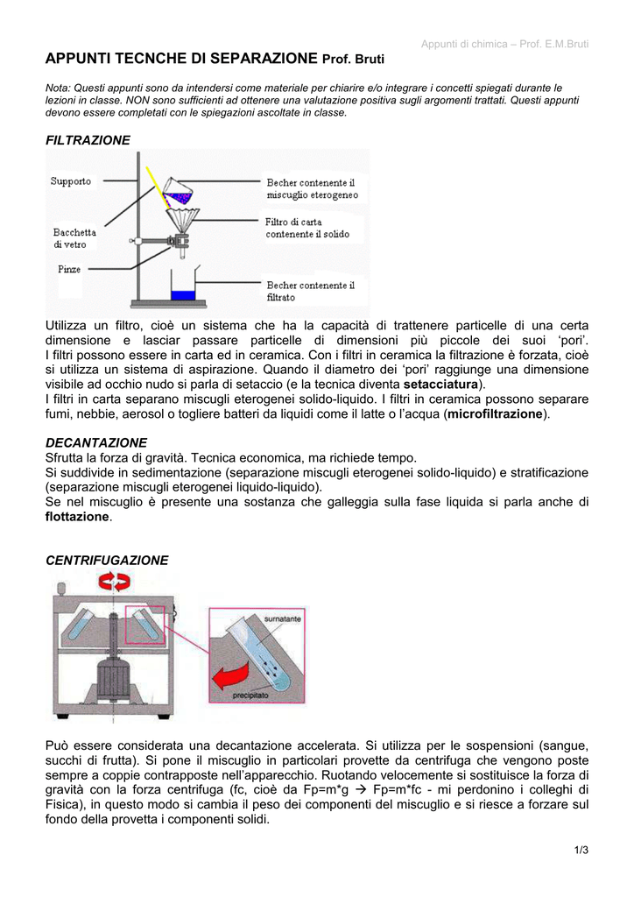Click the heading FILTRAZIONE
tap(88, 140)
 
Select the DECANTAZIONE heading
tap(96, 442)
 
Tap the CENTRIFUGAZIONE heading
tap(107, 560)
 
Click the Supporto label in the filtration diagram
tap(71, 181)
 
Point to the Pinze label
tap(70, 268)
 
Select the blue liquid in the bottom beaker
tap(183, 295)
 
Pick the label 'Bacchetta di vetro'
tap(75, 238)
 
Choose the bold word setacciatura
tap(441, 385)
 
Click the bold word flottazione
tap(78, 517)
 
